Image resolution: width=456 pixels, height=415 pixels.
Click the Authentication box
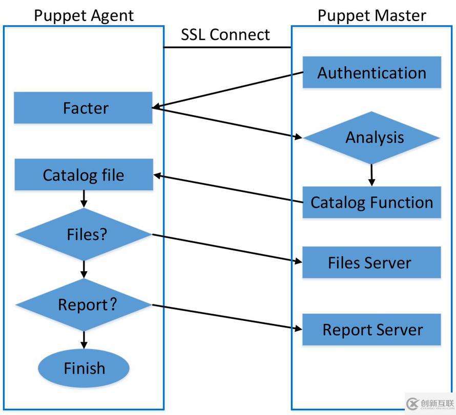click(371, 73)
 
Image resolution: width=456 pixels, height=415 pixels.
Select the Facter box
click(83, 108)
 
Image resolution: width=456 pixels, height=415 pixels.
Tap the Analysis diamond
click(372, 138)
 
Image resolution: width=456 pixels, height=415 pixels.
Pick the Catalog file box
click(84, 175)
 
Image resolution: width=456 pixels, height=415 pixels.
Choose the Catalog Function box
click(371, 202)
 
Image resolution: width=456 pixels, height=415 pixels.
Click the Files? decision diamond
click(84, 234)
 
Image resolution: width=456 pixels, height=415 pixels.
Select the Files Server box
click(371, 263)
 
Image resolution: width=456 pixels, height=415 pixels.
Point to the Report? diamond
click(84, 305)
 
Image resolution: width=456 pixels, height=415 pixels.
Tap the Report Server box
click(371, 330)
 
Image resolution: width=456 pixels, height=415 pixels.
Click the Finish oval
click(84, 368)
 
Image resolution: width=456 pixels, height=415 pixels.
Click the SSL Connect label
click(225, 35)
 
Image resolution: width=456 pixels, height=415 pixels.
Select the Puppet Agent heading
click(84, 15)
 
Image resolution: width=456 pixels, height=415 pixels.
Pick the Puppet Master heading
click(371, 15)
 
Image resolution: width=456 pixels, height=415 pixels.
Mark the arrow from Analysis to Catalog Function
click(372, 175)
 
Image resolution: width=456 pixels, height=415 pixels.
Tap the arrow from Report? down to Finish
click(84, 339)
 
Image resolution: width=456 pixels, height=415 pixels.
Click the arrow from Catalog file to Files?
click(84, 199)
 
